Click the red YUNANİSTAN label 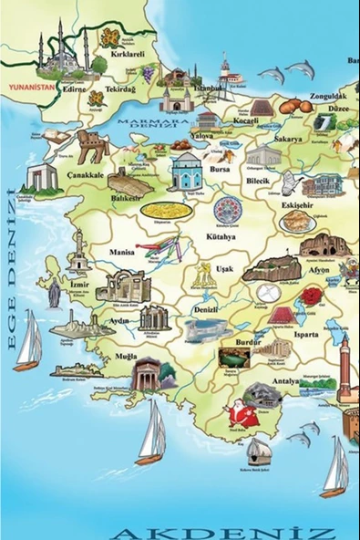[x=31, y=88]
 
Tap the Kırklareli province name [x=128, y=54]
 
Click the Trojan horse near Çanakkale [x=92, y=143]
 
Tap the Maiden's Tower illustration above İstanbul [x=224, y=73]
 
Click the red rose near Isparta [x=313, y=296]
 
